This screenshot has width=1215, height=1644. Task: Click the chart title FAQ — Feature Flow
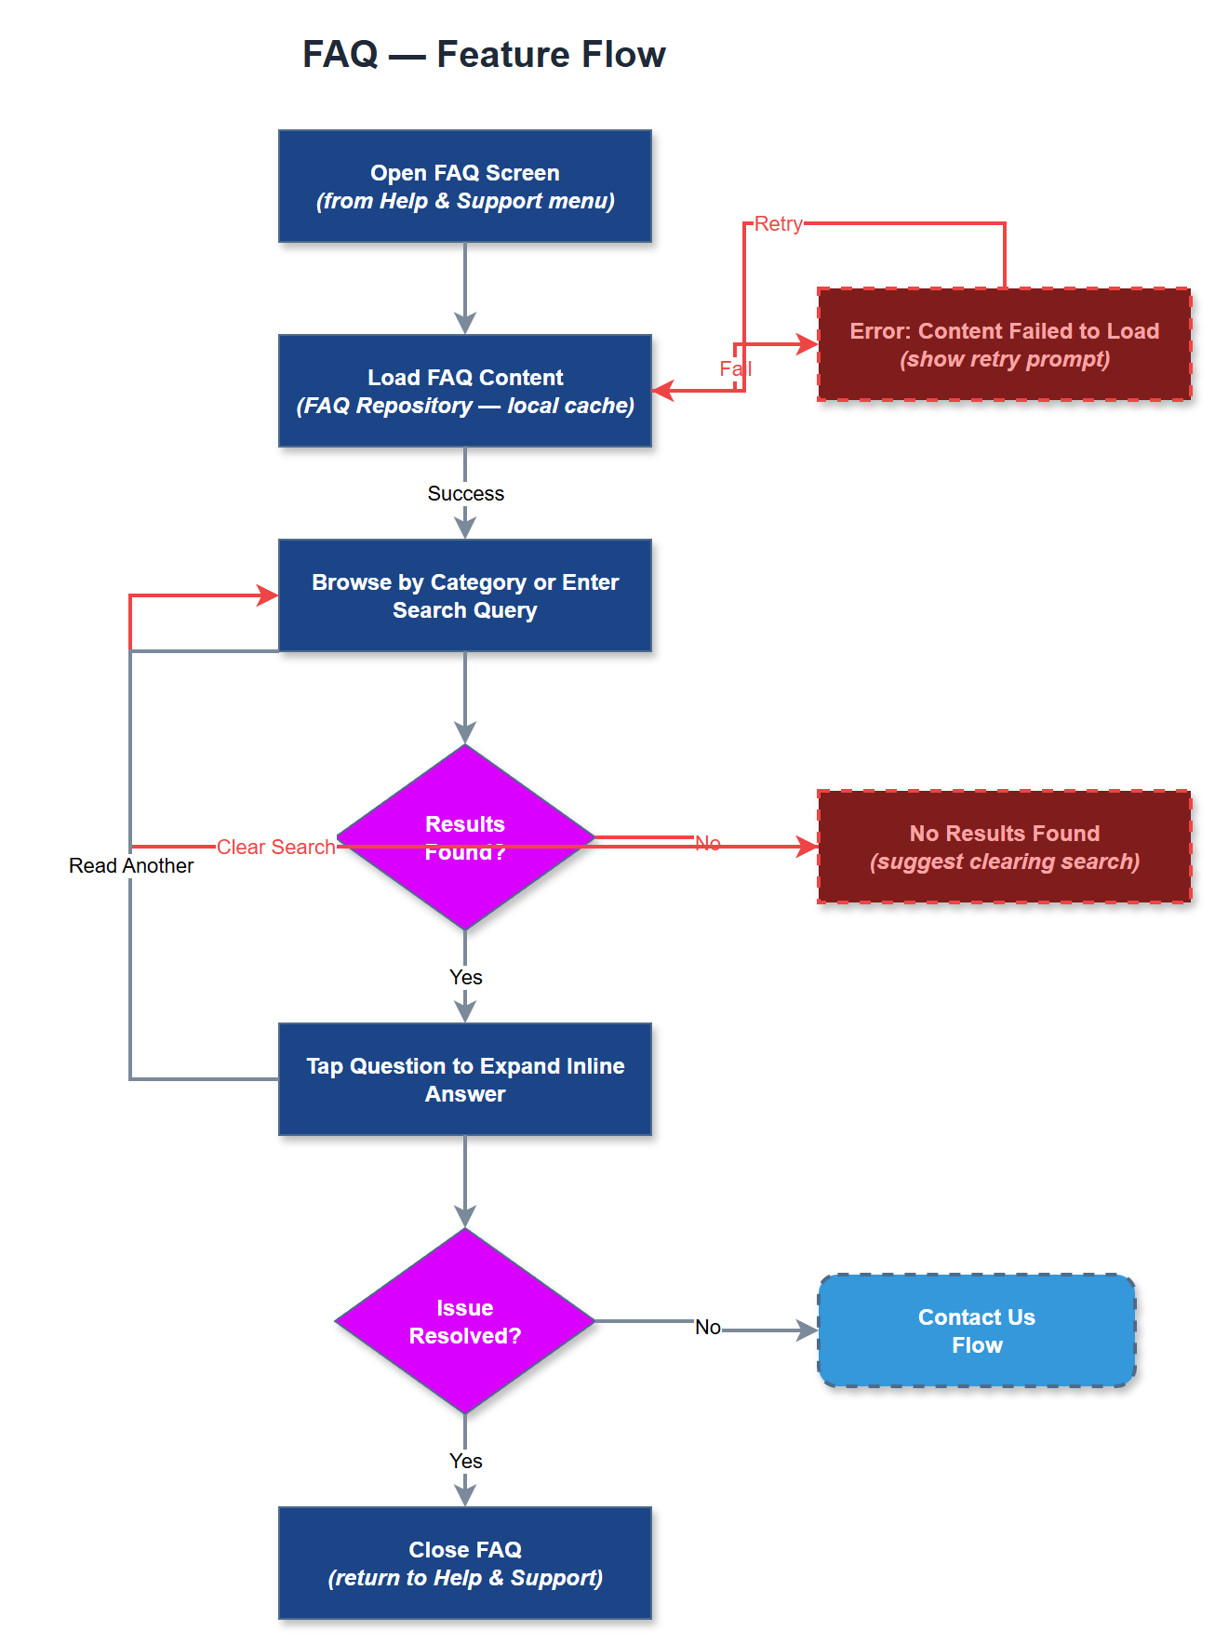tap(484, 55)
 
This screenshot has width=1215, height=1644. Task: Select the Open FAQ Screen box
tap(465, 186)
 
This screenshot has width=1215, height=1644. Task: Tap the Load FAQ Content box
tap(465, 391)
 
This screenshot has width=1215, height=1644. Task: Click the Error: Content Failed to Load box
tap(1004, 344)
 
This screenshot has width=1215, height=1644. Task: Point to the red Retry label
tap(778, 224)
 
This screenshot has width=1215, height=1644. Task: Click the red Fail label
tap(735, 368)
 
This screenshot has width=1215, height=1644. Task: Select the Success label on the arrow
tap(465, 493)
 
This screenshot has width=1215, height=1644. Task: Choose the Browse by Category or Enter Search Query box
tap(465, 595)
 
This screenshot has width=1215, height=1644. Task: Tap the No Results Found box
tap(1004, 847)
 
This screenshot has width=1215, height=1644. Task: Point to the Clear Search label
tap(275, 847)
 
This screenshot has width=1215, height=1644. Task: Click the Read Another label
tap(131, 865)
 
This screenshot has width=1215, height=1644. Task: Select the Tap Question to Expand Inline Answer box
tap(465, 1079)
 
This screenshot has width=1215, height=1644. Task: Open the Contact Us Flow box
tap(977, 1330)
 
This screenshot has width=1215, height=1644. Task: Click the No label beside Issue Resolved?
tap(707, 1327)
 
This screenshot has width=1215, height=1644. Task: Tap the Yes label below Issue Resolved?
tap(465, 1461)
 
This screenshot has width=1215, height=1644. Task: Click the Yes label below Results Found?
tap(465, 977)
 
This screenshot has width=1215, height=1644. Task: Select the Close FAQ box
tap(465, 1563)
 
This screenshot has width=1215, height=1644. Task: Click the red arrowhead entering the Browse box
tap(268, 595)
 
